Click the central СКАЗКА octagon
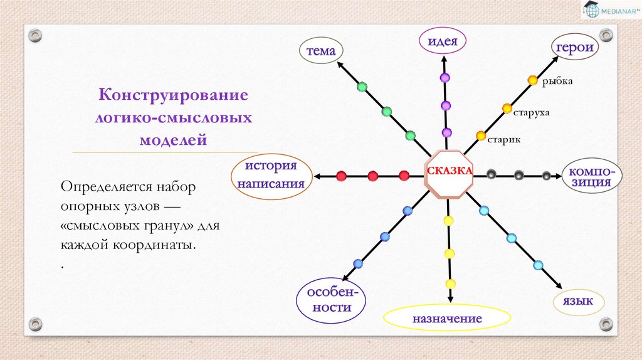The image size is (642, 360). pos(449,172)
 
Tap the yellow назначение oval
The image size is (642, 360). pos(446,319)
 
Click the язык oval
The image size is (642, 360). pos(578,302)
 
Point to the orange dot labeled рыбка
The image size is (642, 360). pos(532,80)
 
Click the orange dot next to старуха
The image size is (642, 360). pos(507,109)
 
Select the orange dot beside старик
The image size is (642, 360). pos(481,135)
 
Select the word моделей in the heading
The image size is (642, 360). pos(172,140)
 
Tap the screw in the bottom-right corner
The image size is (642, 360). pos(606,324)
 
